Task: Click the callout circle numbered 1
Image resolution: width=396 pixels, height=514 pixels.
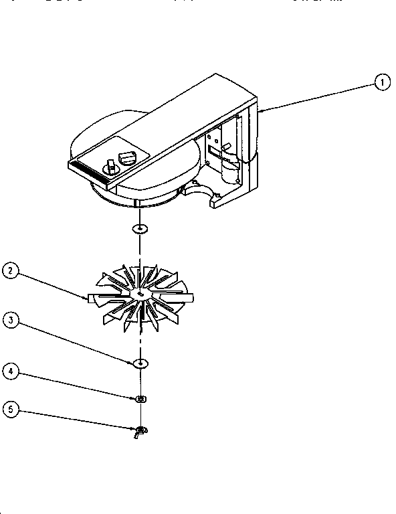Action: coord(381,83)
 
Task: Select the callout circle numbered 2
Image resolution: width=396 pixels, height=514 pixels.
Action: coord(11,272)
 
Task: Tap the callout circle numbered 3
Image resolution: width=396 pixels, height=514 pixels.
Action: coord(11,320)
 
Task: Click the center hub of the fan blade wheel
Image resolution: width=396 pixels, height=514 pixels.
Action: coord(140,294)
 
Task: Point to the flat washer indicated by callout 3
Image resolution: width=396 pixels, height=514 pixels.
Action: coord(140,363)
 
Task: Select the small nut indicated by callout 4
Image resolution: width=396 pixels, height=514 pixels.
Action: coord(140,400)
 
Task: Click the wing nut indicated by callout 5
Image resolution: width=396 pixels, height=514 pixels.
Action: coord(140,431)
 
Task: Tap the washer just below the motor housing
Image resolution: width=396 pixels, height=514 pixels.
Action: coord(139,230)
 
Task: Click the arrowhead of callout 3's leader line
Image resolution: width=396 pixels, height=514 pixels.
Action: coord(134,361)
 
